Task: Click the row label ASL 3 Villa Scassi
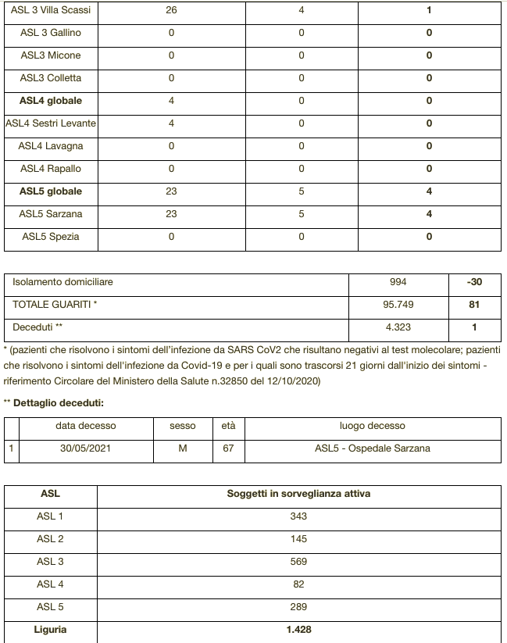(x=51, y=10)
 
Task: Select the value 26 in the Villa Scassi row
(x=171, y=10)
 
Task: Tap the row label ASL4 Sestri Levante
(x=51, y=123)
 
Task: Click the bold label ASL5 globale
(x=51, y=191)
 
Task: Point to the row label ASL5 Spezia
(x=51, y=237)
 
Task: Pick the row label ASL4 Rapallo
(x=51, y=169)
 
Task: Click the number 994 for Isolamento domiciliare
(x=398, y=282)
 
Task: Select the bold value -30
(x=474, y=282)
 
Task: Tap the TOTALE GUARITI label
(x=55, y=305)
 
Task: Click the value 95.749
(x=398, y=305)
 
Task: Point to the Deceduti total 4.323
(x=398, y=327)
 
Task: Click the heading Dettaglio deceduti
(x=59, y=403)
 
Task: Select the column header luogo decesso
(x=372, y=426)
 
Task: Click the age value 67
(x=228, y=448)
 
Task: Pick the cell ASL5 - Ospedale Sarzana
(x=372, y=448)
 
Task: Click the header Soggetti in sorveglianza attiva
(x=298, y=494)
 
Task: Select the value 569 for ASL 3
(x=298, y=562)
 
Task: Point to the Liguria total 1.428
(x=298, y=630)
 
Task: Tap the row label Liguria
(x=51, y=630)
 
